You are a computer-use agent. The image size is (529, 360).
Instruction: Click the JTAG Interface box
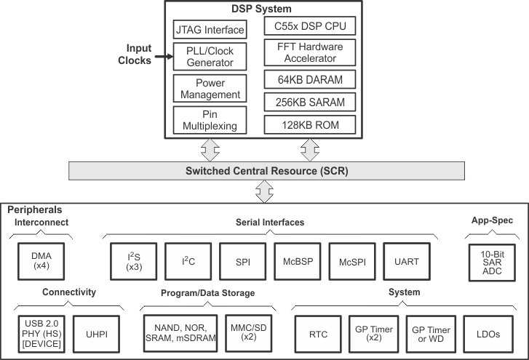(209, 29)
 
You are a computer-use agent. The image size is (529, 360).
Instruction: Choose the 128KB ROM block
(311, 125)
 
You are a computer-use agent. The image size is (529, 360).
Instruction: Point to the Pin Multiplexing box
(209, 120)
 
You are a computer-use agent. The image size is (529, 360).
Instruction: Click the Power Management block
(209, 88)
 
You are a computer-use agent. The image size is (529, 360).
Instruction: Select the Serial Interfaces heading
(269, 223)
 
